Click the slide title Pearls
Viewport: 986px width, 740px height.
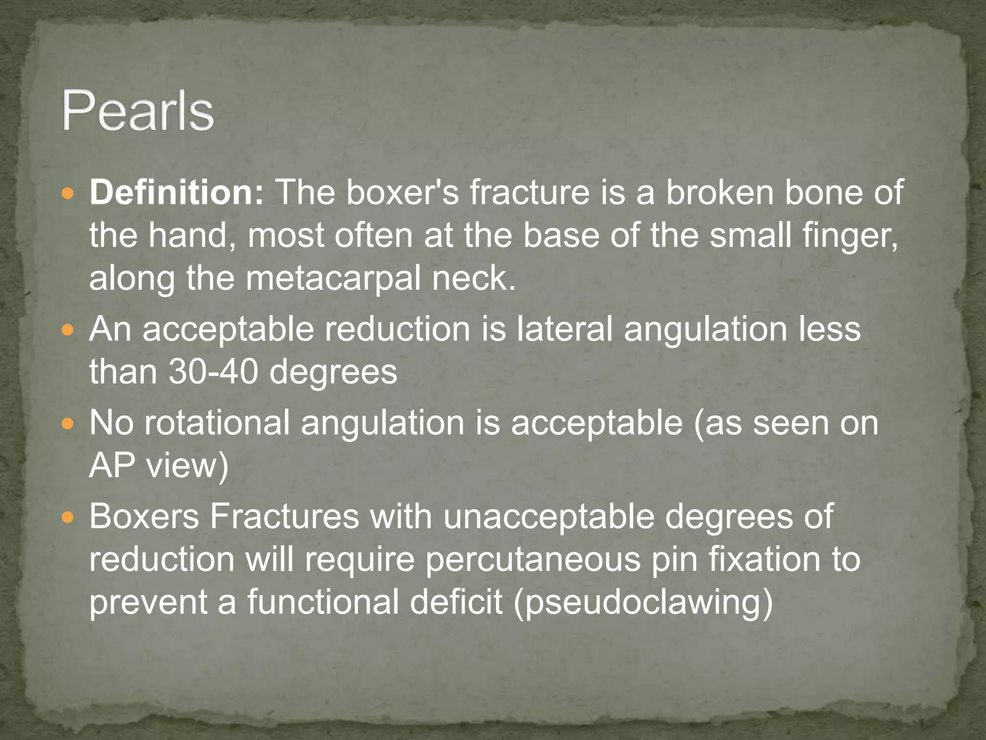pyautogui.click(x=138, y=112)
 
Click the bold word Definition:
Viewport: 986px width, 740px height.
pyautogui.click(x=176, y=192)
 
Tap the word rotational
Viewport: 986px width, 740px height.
pyautogui.click(x=217, y=423)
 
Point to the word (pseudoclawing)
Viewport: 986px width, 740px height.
pyautogui.click(x=643, y=602)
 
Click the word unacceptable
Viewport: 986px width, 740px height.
pyautogui.click(x=549, y=516)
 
